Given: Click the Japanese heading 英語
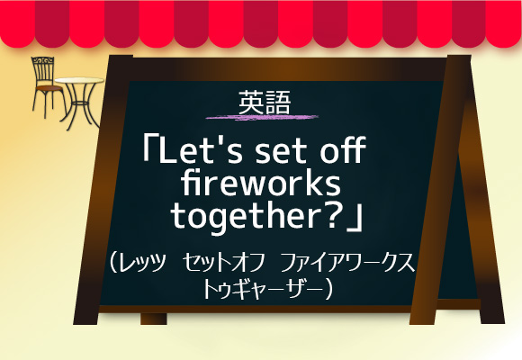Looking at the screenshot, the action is click(x=265, y=103).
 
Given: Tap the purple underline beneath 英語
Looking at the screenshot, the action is click(x=262, y=117).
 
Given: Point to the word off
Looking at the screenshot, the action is click(x=343, y=149).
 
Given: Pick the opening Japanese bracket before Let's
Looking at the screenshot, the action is click(x=150, y=148).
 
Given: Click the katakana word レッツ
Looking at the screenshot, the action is click(x=142, y=263).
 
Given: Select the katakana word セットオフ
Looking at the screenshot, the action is click(x=224, y=263).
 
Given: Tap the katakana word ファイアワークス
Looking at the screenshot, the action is click(x=347, y=263).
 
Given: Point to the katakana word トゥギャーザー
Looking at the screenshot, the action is click(x=263, y=289).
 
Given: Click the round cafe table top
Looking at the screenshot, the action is click(x=79, y=80).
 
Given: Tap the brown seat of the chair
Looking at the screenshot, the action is click(x=49, y=88).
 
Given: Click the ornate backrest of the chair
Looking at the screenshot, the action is click(x=42, y=70).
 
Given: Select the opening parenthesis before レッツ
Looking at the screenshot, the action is click(x=113, y=263).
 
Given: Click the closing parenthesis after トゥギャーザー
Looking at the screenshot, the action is click(x=328, y=290).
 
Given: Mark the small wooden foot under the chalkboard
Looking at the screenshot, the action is click(x=154, y=319).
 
